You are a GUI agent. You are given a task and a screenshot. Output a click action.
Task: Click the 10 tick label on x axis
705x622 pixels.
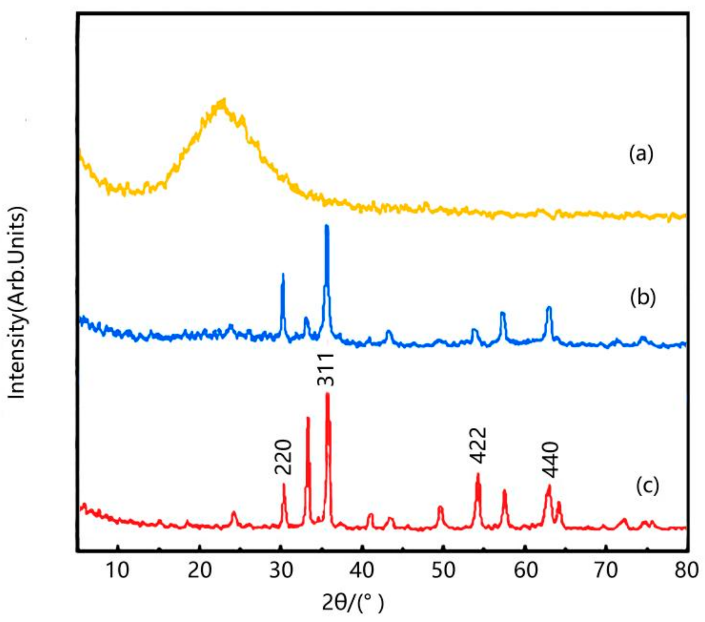coord(117,570)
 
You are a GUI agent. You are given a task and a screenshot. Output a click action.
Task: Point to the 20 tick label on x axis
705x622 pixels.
coord(199,570)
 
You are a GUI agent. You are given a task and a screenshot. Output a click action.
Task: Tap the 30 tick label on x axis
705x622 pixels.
coord(281,570)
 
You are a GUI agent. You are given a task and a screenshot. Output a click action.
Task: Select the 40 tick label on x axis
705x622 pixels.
coord(362,570)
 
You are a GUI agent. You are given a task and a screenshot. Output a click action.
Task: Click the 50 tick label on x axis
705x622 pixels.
coord(444,570)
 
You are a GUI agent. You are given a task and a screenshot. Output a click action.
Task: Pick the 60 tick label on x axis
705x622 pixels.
coord(525,570)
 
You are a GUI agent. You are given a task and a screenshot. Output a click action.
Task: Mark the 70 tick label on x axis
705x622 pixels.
coord(606,570)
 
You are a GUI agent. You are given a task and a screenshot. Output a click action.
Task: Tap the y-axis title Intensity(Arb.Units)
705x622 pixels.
coord(17,302)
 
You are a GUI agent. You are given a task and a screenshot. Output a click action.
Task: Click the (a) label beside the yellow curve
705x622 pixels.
coord(641,154)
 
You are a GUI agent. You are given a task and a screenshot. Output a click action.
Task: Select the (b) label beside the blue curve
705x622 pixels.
coord(643,298)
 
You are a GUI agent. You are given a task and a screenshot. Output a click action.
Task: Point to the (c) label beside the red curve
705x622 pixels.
coord(647,485)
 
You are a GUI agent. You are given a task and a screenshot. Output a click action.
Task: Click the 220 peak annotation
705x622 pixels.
coord(283,457)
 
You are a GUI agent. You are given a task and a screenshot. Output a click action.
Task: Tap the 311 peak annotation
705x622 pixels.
coord(325,369)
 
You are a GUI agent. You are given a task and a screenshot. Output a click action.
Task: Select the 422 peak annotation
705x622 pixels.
coord(478,446)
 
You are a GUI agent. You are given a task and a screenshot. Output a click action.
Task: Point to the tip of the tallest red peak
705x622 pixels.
coord(328,394)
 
